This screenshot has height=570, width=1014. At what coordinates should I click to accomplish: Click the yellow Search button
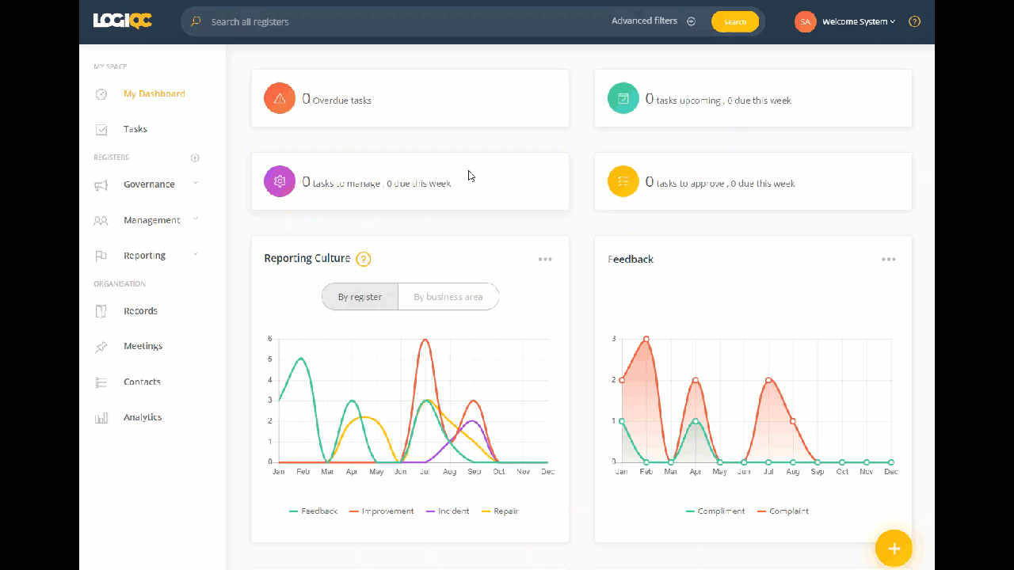(734, 21)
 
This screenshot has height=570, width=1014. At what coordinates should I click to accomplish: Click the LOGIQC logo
(122, 21)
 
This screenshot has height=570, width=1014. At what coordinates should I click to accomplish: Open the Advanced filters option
(653, 21)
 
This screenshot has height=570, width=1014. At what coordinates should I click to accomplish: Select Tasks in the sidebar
(135, 129)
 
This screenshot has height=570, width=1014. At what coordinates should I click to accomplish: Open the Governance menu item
(149, 184)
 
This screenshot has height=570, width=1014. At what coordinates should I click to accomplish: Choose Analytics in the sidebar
(143, 417)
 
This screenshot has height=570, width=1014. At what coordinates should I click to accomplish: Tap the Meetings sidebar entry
(143, 346)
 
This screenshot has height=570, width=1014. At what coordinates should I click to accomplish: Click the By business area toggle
(448, 297)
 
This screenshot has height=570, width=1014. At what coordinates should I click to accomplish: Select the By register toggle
(360, 297)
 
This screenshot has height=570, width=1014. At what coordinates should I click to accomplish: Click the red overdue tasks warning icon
(280, 98)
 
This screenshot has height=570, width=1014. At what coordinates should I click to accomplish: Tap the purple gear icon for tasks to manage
(280, 181)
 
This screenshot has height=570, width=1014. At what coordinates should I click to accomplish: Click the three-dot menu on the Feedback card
(889, 260)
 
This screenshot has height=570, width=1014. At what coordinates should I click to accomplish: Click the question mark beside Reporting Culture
(364, 259)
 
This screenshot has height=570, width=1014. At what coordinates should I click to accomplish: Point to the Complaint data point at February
(646, 339)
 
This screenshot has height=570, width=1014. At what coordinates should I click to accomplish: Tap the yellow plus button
(894, 548)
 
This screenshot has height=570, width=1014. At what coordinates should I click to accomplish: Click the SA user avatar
(805, 21)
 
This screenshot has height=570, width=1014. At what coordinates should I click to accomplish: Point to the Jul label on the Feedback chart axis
(768, 472)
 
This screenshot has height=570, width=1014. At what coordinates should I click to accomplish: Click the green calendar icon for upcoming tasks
(623, 98)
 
